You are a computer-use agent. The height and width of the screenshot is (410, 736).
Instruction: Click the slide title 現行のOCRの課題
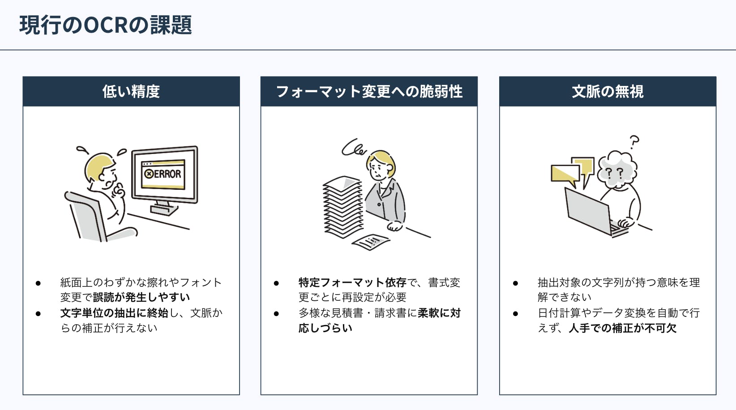(x=106, y=25)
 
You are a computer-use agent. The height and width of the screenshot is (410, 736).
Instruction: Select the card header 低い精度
(x=131, y=92)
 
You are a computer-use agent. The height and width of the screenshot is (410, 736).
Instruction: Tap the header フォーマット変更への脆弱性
(x=369, y=92)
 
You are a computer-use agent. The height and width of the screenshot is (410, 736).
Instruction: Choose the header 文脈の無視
(x=608, y=92)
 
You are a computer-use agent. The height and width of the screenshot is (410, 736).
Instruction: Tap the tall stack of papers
(x=342, y=208)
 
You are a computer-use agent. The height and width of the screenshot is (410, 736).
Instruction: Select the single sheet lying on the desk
(x=371, y=242)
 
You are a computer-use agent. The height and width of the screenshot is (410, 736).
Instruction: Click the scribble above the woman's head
(x=354, y=147)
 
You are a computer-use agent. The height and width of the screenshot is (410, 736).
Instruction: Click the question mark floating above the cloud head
(x=634, y=142)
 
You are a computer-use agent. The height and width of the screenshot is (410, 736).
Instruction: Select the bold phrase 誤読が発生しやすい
(x=141, y=298)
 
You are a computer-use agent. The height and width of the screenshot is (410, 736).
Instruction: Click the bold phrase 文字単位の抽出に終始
(x=114, y=313)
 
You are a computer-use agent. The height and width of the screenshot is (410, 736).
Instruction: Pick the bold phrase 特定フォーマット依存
(x=352, y=283)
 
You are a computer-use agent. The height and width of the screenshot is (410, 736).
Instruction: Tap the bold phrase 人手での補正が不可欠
(x=622, y=328)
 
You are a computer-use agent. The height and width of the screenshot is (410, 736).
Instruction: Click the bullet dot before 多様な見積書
(x=276, y=314)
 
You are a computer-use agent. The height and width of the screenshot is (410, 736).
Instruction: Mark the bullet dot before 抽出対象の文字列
(x=515, y=283)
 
